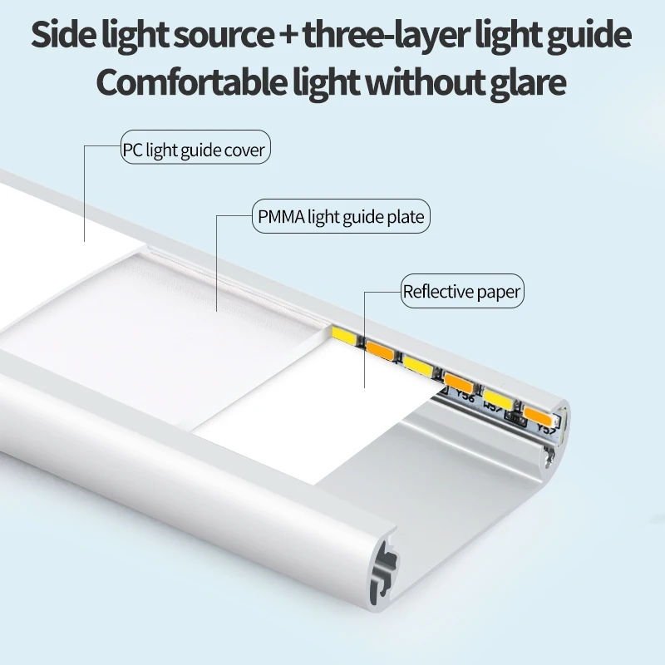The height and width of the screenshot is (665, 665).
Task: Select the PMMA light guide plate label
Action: pyautogui.click(x=341, y=218)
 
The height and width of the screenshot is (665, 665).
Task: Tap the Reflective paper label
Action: pyautogui.click(x=461, y=291)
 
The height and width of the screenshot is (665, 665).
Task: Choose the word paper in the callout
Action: pyautogui.click(x=499, y=292)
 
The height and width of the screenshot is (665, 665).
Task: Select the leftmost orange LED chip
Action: pyautogui.click(x=380, y=349)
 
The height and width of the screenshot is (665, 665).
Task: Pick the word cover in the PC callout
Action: pyautogui.click(x=249, y=150)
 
